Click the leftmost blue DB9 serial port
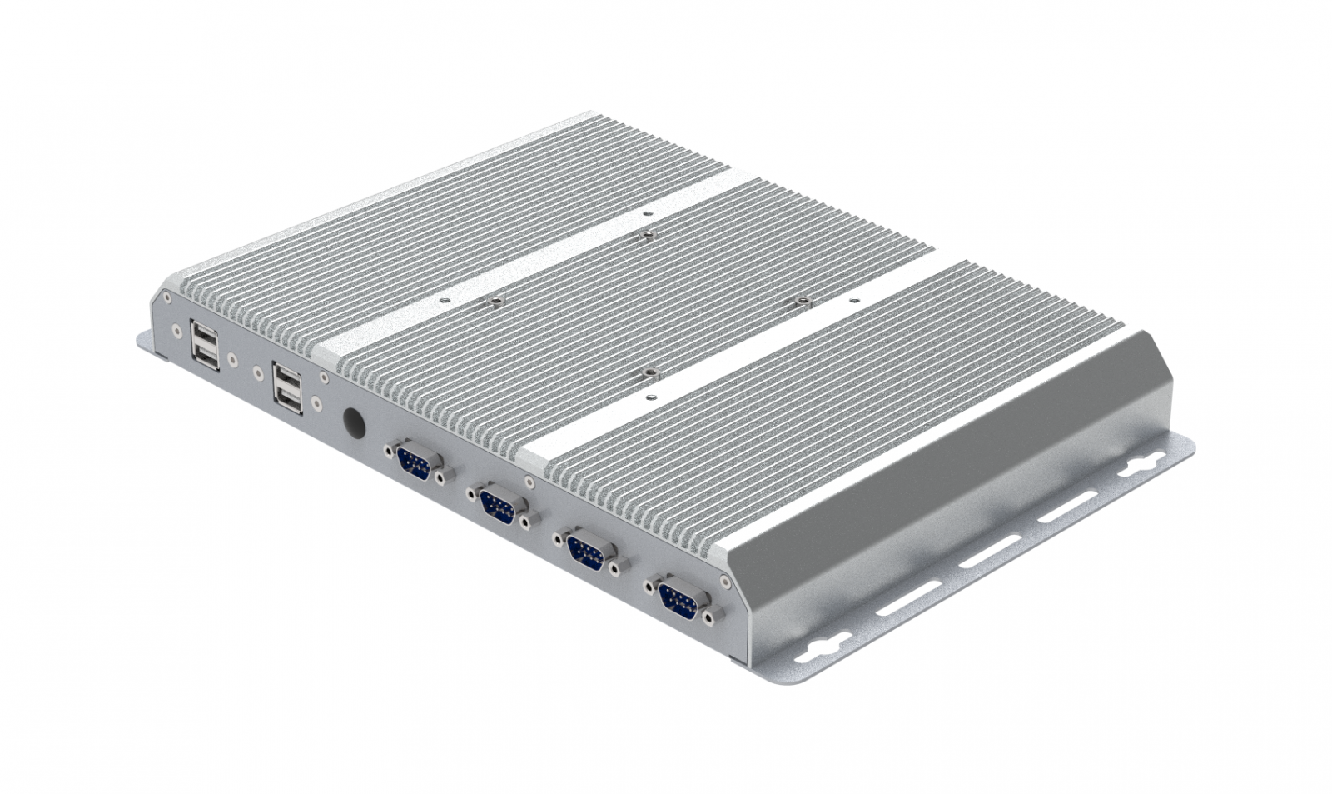coord(415,461)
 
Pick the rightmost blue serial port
coord(678,599)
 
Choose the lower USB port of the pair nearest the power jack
coord(288,402)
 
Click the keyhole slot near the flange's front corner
coord(824,644)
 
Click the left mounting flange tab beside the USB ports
coord(146,342)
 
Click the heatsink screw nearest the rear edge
coord(644,234)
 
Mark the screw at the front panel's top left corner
coord(166,297)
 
